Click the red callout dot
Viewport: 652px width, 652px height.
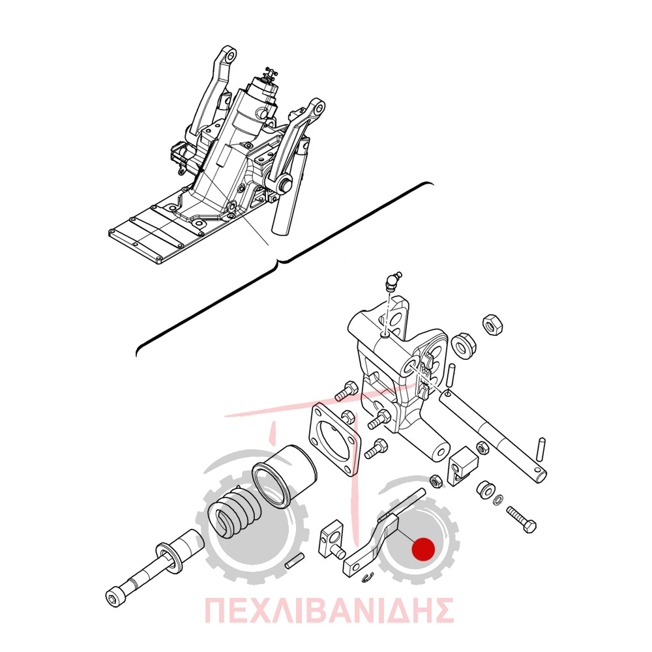(423, 549)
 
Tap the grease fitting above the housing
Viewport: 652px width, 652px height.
(392, 281)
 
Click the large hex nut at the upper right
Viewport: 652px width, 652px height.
(492, 325)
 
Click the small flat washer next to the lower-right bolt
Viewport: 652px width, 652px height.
(497, 500)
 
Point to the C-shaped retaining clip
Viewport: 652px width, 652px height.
(368, 577)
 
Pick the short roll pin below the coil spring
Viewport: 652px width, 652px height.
(295, 559)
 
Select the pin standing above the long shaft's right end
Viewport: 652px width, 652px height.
(541, 449)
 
